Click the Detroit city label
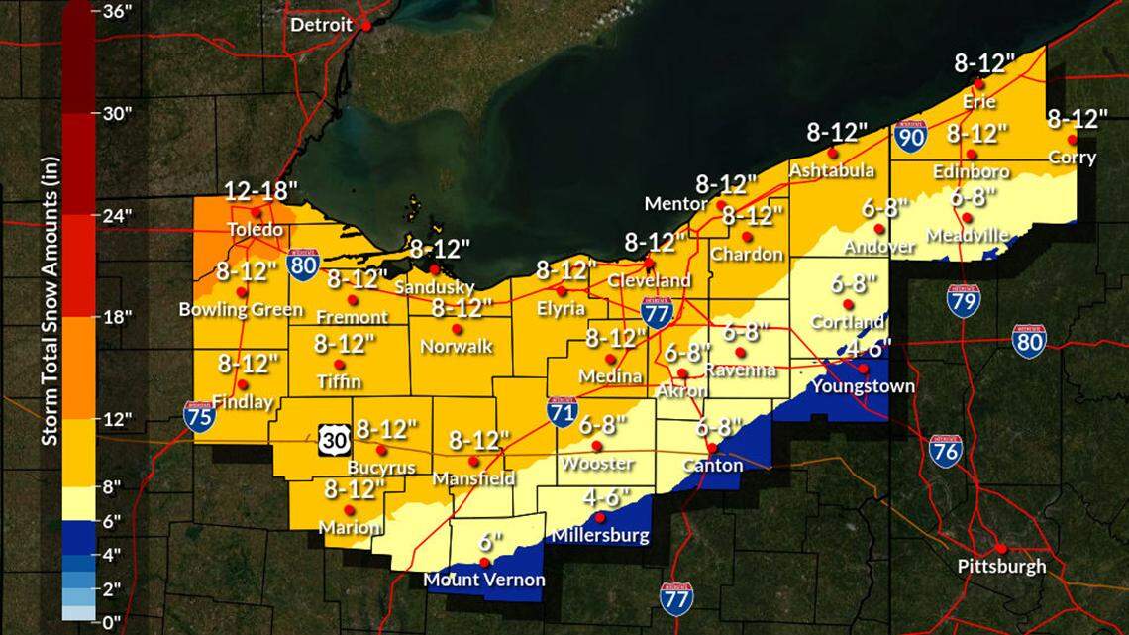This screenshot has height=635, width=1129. pyautogui.click(x=320, y=25)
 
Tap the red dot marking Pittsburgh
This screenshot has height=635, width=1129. pyautogui.click(x=1001, y=548)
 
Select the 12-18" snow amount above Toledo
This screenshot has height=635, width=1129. pyautogui.click(x=258, y=191)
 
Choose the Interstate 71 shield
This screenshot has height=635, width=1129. pyautogui.click(x=563, y=411)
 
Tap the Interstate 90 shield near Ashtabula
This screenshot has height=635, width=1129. pyautogui.click(x=910, y=138)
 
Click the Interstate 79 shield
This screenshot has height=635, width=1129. pyautogui.click(x=963, y=300)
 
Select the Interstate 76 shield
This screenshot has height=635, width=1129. pyautogui.click(x=946, y=450)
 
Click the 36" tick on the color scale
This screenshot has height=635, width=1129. pyautogui.click(x=115, y=11)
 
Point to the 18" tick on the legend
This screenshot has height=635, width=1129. pyautogui.click(x=115, y=317)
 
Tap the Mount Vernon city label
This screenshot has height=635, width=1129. pyautogui.click(x=483, y=581)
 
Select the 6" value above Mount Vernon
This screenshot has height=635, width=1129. pyautogui.click(x=484, y=542)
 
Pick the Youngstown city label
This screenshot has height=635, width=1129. pyautogui.click(x=862, y=386)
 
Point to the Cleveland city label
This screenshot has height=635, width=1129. pyautogui.click(x=649, y=280)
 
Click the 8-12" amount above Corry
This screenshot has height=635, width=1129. pyautogui.click(x=1078, y=119)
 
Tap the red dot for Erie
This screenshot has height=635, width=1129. pyautogui.click(x=979, y=84)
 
